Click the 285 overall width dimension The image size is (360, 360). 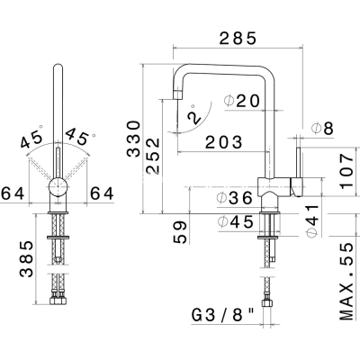click(x=238, y=38)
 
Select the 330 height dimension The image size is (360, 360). click(x=134, y=139)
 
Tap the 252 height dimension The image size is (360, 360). click(x=153, y=157)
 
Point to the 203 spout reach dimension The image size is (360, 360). click(x=223, y=142)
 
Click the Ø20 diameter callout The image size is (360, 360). click(x=241, y=101)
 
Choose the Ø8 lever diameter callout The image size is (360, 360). click(x=322, y=129)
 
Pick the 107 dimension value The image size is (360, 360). click(x=346, y=171)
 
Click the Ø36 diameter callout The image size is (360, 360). click(x=235, y=198)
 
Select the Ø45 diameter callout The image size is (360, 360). click(x=236, y=222)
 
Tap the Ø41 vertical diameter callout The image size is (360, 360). click(x=312, y=220)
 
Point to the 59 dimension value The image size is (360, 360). click(x=180, y=232)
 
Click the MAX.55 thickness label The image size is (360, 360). click(x=346, y=282)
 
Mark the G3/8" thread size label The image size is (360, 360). click(x=223, y=315)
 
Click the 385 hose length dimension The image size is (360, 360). click(x=27, y=258)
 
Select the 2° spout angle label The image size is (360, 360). click(x=193, y=115)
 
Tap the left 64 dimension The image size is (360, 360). click(x=13, y=193)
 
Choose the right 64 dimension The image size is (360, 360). click(x=102, y=193)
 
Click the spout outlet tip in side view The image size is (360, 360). click(x=178, y=94)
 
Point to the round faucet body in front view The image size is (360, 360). click(x=58, y=187)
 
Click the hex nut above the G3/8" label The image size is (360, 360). click(x=266, y=302)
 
